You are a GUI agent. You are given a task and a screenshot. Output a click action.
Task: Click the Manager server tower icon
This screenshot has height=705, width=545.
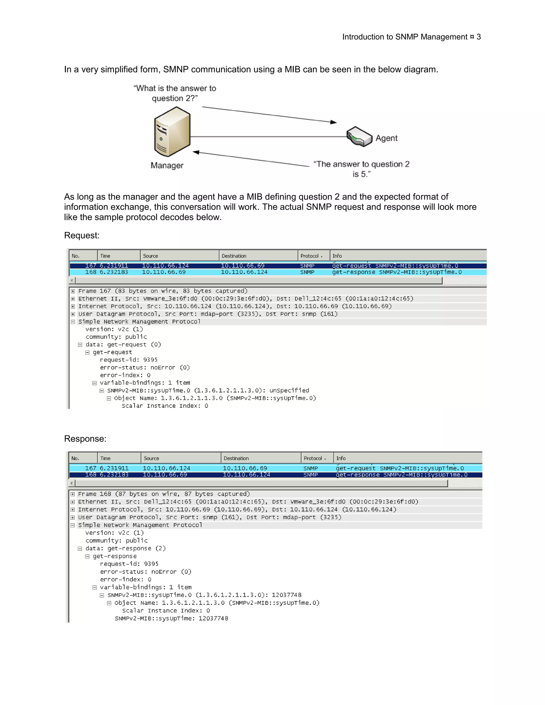[x=172, y=132]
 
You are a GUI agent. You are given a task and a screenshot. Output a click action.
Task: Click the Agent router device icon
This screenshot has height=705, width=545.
[x=359, y=136]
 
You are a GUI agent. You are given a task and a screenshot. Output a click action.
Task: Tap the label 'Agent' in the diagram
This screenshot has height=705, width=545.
[x=386, y=138]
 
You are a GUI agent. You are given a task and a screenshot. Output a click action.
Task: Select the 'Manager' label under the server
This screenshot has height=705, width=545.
[x=167, y=165]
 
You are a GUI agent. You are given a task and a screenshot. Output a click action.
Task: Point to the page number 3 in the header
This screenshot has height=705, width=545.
[x=478, y=37]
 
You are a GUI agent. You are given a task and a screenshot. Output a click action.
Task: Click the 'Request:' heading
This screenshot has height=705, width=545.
[x=82, y=235]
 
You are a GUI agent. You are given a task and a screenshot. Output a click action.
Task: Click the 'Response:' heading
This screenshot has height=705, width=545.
[x=85, y=439]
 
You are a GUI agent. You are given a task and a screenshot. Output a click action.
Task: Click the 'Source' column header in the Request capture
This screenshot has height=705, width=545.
[x=150, y=256]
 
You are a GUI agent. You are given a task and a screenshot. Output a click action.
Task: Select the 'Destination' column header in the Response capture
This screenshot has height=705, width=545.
[x=236, y=458]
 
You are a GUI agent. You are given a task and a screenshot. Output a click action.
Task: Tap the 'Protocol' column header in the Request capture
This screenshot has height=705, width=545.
[x=310, y=256]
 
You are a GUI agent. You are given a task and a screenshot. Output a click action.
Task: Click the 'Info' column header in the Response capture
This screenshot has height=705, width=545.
[x=341, y=458]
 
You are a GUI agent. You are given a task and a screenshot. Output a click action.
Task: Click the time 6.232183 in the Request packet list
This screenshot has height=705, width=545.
[x=114, y=272]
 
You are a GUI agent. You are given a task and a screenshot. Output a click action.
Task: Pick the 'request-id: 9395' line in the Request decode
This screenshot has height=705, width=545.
[x=129, y=360]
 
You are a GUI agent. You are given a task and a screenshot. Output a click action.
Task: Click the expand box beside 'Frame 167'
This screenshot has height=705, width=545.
[x=73, y=291]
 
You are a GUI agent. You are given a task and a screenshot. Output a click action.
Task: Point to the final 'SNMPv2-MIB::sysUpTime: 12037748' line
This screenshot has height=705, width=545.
[x=171, y=619]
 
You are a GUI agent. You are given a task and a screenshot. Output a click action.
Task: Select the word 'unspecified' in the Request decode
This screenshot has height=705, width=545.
[x=289, y=391]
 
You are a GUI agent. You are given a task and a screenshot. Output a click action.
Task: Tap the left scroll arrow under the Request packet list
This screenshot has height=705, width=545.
[x=72, y=280]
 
